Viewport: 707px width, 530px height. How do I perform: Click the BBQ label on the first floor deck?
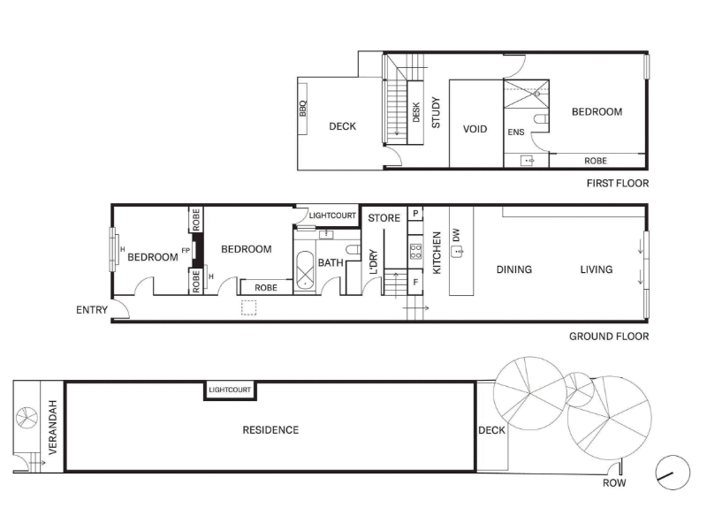(302, 109)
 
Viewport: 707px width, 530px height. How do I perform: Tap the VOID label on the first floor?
(475, 129)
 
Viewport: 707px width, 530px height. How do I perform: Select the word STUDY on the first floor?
(436, 112)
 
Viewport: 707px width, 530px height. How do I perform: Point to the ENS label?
(516, 132)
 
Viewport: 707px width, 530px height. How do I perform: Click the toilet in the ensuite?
(541, 119)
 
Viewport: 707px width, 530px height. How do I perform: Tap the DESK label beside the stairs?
(416, 112)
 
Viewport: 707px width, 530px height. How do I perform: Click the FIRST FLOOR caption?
(618, 184)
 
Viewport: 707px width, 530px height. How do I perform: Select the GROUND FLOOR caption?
(609, 337)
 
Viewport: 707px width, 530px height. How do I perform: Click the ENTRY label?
(92, 310)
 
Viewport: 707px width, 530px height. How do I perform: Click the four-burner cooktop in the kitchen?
(415, 252)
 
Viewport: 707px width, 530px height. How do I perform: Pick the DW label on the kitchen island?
(456, 235)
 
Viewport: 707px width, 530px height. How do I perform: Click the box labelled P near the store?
(415, 214)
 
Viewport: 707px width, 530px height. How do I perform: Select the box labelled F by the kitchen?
(415, 282)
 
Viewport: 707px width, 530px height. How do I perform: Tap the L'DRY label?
(373, 261)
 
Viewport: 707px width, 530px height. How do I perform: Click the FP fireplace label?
(186, 251)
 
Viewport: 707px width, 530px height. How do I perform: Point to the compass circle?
(673, 473)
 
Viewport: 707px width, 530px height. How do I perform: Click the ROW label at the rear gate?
(614, 483)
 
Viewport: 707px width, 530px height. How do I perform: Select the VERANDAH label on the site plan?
(53, 428)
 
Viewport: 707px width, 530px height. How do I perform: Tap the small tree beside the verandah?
(27, 418)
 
